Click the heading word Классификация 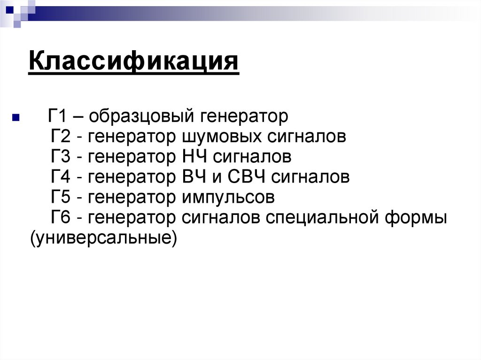coord(133,62)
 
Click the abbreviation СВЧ coord(246,177)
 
